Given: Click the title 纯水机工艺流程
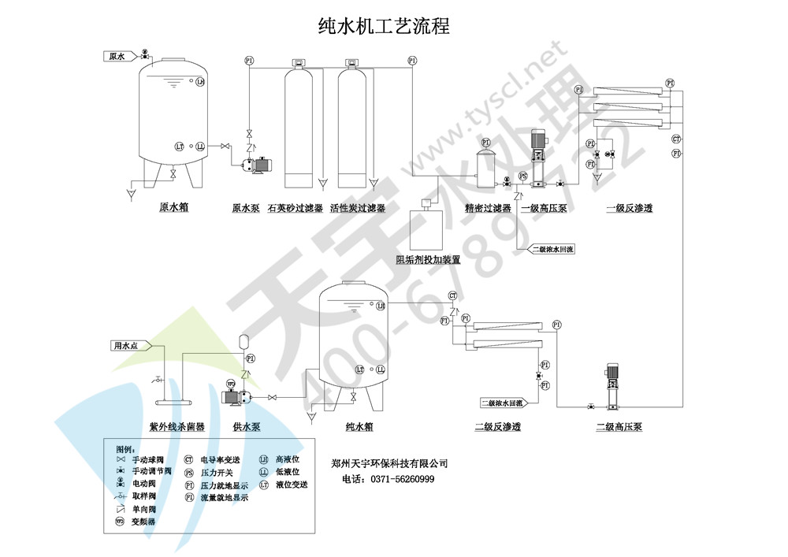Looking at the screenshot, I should [x=383, y=26].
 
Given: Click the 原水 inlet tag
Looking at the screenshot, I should [x=117, y=56].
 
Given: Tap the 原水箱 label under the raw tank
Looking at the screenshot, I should [x=173, y=208].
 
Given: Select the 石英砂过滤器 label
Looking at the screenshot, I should [x=295, y=209].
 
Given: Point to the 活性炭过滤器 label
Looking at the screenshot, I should [x=358, y=209].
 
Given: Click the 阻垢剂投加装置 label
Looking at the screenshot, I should [x=428, y=259].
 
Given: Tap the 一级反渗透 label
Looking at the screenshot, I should [x=629, y=209].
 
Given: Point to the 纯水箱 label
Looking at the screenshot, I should [x=359, y=427].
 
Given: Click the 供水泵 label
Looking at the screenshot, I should [x=247, y=427].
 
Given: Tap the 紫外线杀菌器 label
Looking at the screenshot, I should [x=177, y=427].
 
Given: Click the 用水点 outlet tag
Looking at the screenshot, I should [x=125, y=345].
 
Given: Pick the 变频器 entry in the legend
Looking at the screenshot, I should [x=143, y=522].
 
